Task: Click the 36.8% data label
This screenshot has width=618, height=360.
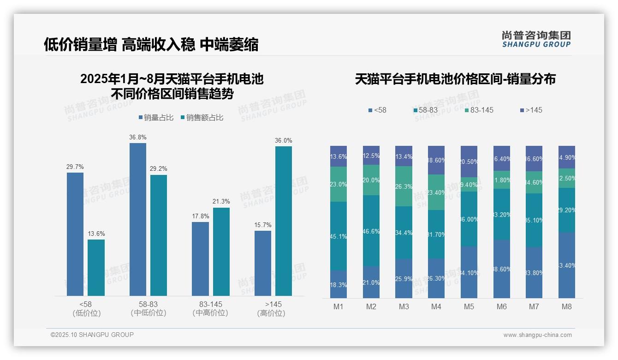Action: click(x=138, y=137)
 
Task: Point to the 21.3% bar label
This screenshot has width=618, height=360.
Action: click(x=221, y=202)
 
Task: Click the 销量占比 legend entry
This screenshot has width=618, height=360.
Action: click(x=156, y=118)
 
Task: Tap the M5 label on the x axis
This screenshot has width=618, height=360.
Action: click(x=469, y=307)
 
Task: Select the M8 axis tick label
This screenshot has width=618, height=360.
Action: click(x=567, y=307)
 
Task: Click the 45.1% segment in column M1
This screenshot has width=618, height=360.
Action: click(x=339, y=236)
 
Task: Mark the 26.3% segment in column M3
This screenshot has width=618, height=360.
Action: click(x=404, y=186)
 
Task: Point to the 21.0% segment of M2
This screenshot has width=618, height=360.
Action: click(x=371, y=282)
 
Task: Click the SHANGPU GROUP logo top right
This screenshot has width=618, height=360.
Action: click(x=536, y=39)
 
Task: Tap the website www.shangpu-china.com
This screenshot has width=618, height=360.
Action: click(x=537, y=335)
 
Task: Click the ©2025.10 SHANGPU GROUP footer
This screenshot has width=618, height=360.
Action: click(x=92, y=335)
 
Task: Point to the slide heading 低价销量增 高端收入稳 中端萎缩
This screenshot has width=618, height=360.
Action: click(x=151, y=44)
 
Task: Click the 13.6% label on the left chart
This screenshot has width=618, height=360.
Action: click(x=96, y=234)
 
